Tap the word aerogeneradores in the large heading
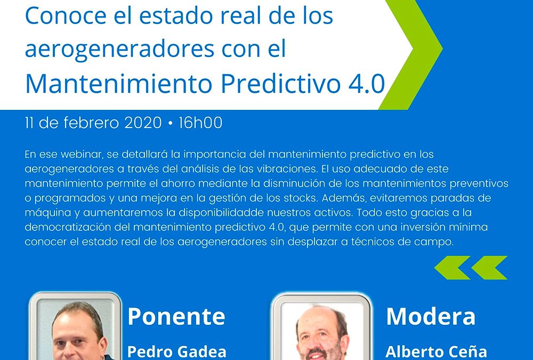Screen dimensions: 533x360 pos(119,49)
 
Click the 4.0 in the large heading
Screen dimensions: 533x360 pos(367,84)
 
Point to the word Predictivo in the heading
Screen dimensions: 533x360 pos(280,83)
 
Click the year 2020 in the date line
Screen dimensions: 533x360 pos(143,123)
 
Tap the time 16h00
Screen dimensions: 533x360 pos(200,123)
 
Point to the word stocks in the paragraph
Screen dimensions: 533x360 pos(300,198)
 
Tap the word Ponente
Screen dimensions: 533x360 pos(176,317)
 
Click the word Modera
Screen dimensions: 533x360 pos(431,317)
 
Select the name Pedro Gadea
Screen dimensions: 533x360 pos(177,352)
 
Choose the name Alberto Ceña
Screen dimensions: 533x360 pos(436,352)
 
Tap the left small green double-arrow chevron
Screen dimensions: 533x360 pos(453,268)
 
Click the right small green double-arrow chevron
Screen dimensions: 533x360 pos(489,268)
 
